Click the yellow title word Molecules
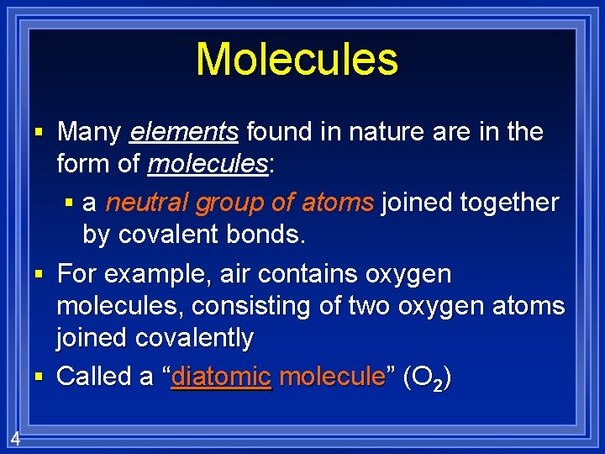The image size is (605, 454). [297, 60]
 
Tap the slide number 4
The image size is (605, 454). [15, 438]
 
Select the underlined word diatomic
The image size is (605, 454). [221, 377]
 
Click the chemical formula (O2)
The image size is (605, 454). [427, 377]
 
